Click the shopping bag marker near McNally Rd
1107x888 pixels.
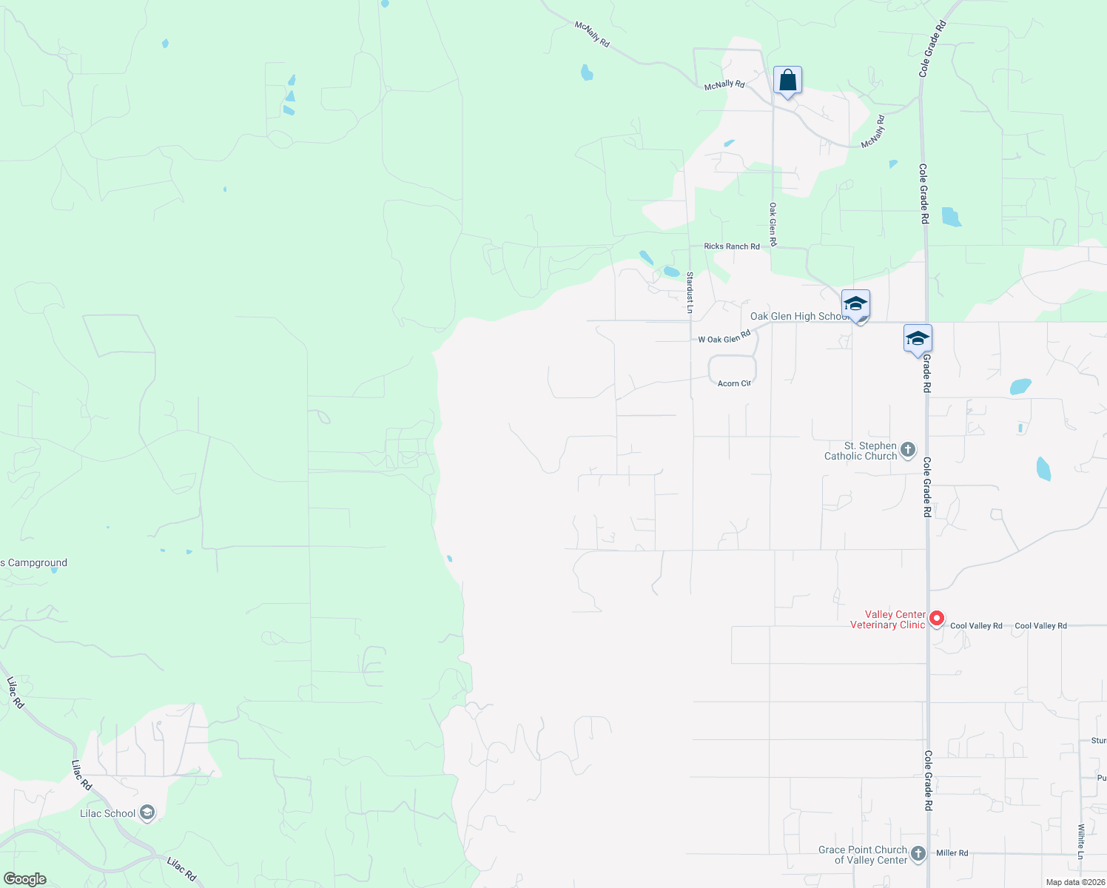[x=787, y=81]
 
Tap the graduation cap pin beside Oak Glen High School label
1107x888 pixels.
[x=855, y=304]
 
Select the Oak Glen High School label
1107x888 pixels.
[x=798, y=316]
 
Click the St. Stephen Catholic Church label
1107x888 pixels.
[x=861, y=451]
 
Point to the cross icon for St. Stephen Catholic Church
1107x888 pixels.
[x=908, y=449]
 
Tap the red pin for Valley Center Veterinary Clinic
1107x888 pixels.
[x=937, y=618]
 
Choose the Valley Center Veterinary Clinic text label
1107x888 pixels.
[x=888, y=619]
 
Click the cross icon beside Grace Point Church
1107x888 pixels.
[x=918, y=853]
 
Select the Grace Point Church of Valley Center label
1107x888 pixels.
[x=863, y=855]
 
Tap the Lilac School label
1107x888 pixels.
[x=108, y=813]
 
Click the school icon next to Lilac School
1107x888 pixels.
[x=147, y=813]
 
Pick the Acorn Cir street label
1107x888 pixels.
[x=734, y=383]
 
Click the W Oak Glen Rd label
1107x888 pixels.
[x=724, y=338]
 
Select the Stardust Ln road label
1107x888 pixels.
[x=690, y=292]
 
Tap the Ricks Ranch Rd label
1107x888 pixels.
[x=732, y=246]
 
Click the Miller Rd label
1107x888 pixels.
[x=952, y=853]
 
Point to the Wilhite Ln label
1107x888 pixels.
[x=1081, y=841]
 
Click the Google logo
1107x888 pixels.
[x=25, y=879]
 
